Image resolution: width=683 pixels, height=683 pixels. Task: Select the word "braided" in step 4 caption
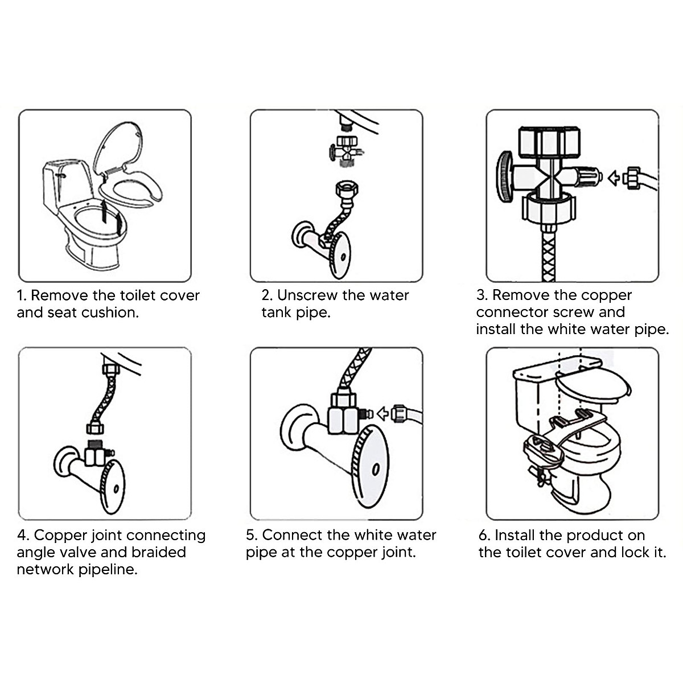pos(159,552)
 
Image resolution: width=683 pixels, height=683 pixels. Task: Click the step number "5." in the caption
pos(252,535)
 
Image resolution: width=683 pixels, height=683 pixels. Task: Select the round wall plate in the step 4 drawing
pos(114,485)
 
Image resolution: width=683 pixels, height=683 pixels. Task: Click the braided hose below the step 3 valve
pos(548,250)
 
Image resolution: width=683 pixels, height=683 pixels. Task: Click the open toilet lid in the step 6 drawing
pos(592,386)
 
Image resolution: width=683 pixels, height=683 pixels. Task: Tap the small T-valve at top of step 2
pos(344,149)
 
